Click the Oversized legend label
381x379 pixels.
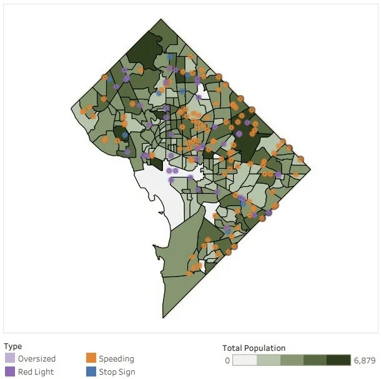coord(37,359)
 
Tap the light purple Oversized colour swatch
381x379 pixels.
coord(9,359)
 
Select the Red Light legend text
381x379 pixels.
coord(36,372)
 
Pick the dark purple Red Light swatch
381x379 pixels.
coord(9,372)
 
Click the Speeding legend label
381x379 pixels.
coord(116,359)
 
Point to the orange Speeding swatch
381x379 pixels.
coord(91,359)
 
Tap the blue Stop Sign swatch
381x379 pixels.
coord(91,372)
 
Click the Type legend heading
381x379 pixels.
coord(12,346)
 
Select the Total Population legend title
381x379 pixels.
coord(254,348)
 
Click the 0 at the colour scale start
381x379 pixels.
coord(227,360)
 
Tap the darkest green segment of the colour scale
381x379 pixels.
coord(339,360)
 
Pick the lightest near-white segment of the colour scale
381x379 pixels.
coord(244,360)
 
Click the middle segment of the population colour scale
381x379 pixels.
coord(292,360)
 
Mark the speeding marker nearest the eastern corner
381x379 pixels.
coord(300,159)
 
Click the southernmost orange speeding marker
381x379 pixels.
coord(188,273)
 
